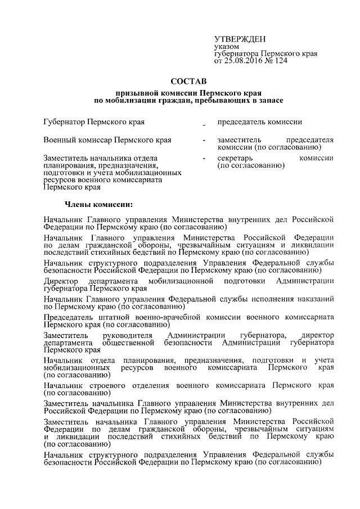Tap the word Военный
tap(61, 139)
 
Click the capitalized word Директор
tap(62, 281)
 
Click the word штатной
tap(107, 317)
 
